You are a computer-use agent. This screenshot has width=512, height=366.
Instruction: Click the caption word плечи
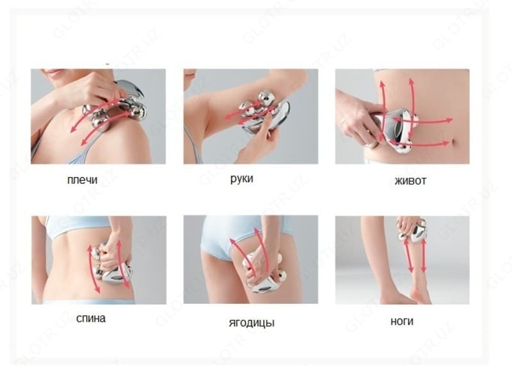83,180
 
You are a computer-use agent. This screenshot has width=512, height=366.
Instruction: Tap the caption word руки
242,179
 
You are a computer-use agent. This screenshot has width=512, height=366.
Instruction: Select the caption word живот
410,181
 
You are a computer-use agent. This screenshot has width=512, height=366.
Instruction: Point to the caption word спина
91,319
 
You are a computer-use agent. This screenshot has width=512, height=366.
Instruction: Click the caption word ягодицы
252,323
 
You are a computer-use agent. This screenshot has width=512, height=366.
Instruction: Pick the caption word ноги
402,321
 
